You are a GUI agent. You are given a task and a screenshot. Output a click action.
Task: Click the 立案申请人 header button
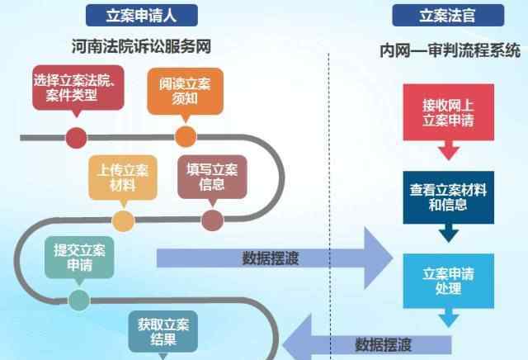click(x=141, y=14)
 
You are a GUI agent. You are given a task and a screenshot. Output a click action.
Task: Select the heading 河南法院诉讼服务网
click(x=141, y=47)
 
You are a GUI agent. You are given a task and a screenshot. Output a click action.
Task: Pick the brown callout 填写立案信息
click(x=211, y=176)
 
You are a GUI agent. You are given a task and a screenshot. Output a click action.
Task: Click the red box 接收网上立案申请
click(x=449, y=111)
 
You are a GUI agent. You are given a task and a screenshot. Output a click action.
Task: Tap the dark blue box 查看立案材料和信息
click(x=449, y=197)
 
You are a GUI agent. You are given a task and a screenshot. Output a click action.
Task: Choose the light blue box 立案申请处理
click(x=449, y=279)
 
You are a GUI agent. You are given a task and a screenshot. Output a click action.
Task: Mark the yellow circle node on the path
click(x=123, y=220)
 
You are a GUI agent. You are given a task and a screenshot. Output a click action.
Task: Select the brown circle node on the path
click(x=212, y=220)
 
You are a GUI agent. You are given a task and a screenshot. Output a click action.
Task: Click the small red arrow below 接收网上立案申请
click(x=449, y=151)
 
